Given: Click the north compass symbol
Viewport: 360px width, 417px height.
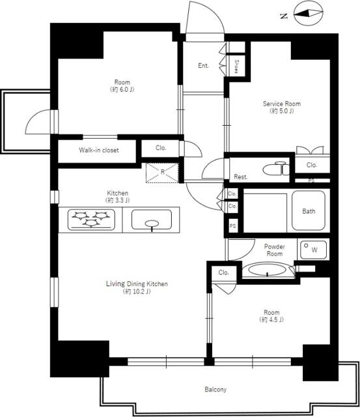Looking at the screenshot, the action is pyautogui.click(x=308, y=13).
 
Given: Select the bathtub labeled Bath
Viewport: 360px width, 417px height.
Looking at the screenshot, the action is pyautogui.click(x=309, y=210).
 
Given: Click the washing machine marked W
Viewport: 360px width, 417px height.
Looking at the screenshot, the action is pyautogui.click(x=313, y=250).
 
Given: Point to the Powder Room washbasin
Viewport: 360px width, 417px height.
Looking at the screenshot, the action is pyautogui.click(x=268, y=270).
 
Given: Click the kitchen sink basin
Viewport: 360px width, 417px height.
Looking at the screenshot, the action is pyautogui.click(x=152, y=220).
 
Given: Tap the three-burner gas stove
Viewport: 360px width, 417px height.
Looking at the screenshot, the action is pyautogui.click(x=91, y=220).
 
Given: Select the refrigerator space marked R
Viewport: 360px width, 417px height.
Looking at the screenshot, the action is pyautogui.click(x=162, y=172).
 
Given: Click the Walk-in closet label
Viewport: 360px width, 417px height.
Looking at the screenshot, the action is pyautogui.click(x=99, y=150).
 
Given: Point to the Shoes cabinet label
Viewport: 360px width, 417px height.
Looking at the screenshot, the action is pyautogui.click(x=237, y=66).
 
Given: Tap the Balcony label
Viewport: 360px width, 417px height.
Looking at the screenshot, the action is pyautogui.click(x=215, y=390).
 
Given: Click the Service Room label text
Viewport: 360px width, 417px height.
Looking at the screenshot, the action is pyautogui.click(x=282, y=104).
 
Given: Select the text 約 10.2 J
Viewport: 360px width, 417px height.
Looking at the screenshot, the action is pyautogui.click(x=137, y=291).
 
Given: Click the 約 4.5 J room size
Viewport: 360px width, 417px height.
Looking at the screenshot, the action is pyautogui.click(x=271, y=319).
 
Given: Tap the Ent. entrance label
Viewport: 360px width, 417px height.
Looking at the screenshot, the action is pyautogui.click(x=204, y=65).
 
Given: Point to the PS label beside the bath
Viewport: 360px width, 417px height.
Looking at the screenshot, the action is pyautogui.click(x=232, y=226).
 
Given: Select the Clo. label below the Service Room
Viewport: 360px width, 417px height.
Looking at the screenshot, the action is pyautogui.click(x=312, y=165).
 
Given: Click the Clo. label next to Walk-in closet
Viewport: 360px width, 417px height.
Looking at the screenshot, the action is pyautogui.click(x=161, y=148).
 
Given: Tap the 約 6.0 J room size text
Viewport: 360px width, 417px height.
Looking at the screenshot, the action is pyautogui.click(x=122, y=89).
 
